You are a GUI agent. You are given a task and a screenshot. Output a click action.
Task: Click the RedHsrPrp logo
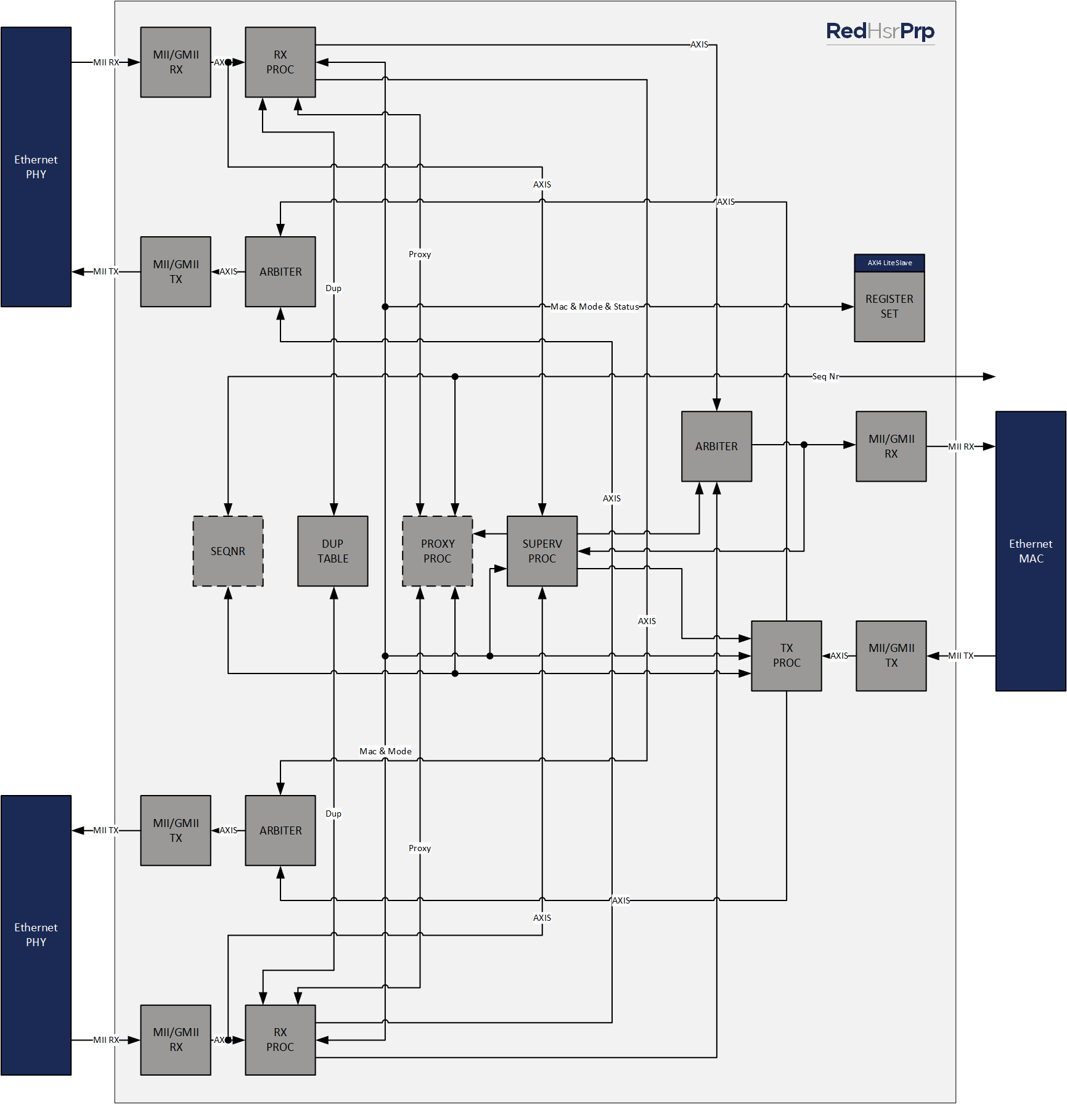(880, 31)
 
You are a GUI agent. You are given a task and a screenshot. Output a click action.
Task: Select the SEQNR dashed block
(228, 551)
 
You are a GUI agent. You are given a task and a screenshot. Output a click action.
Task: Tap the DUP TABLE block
(333, 551)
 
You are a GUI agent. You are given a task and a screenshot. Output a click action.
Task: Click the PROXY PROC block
(438, 551)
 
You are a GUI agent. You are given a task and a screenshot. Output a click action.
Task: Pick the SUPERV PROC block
(542, 551)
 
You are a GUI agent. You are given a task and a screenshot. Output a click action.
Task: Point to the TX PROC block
(787, 656)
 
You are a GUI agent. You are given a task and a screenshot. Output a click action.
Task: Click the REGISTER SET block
(889, 307)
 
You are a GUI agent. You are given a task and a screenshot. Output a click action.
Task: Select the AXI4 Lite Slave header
(889, 263)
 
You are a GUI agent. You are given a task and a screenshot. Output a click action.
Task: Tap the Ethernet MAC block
(1031, 551)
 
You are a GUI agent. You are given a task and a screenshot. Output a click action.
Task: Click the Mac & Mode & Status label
(594, 307)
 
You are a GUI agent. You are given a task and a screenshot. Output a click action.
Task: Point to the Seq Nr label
(825, 376)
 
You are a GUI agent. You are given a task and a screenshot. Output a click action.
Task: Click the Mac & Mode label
(385, 751)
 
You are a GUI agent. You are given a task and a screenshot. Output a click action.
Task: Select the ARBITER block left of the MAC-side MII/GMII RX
(716, 447)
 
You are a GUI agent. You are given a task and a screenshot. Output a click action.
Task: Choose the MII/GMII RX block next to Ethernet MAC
(891, 447)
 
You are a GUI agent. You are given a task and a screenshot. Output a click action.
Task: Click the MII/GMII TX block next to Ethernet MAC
(891, 656)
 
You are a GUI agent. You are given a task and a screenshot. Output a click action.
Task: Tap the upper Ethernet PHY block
(36, 167)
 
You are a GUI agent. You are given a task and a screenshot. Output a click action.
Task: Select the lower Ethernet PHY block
(36, 935)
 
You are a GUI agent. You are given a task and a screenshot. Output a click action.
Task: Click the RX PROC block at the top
(280, 62)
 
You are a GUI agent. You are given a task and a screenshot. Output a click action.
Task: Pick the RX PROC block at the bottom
(280, 1040)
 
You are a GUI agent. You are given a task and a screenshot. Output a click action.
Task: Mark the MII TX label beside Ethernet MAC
(960, 656)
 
